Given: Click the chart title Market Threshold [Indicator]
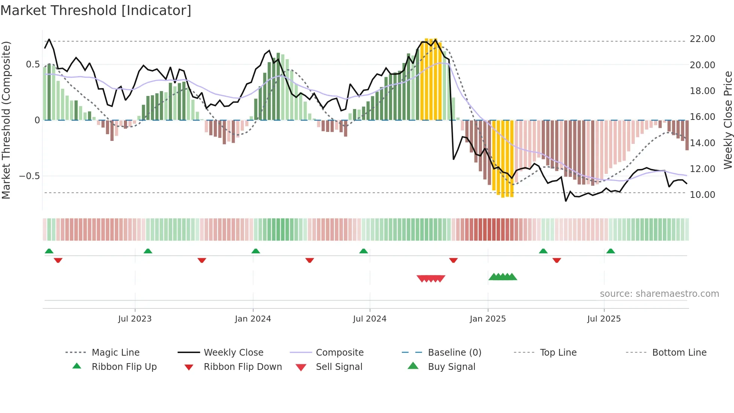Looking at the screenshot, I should tap(96, 10).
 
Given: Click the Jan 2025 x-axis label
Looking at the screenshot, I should tap(488, 319).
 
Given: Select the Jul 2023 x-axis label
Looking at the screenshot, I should tap(135, 319).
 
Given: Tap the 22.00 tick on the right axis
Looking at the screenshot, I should tap(702, 39).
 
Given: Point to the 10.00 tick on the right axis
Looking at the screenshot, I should tap(702, 195).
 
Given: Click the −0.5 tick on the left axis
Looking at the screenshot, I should tap(29, 176).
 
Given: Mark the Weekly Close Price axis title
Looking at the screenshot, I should tap(728, 120).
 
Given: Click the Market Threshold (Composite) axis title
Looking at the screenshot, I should tap(6, 120).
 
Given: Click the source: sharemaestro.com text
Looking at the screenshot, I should tap(659, 293).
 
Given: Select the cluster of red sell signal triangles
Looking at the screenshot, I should tap(431, 278).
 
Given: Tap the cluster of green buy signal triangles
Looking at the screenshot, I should tap(503, 277).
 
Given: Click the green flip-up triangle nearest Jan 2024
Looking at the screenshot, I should tap(256, 251).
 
